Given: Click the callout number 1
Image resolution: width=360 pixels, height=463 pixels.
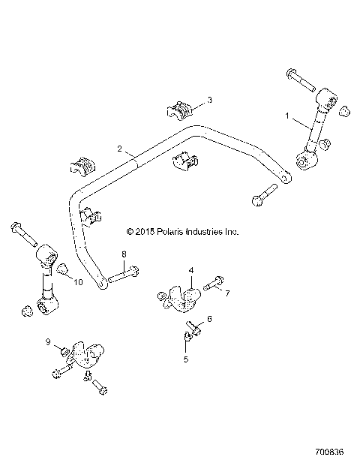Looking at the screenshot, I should tap(286, 116).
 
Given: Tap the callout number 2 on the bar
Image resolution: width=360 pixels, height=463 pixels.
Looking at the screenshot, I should tap(118, 150).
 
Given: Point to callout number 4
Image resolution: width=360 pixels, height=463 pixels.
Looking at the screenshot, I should tap(191, 269).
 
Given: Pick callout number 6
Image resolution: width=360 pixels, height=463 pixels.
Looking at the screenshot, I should tap(208, 319).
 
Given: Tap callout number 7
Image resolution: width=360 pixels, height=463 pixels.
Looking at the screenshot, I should tap(228, 292).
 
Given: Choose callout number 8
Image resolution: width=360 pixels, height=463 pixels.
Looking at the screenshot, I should tap(124, 254).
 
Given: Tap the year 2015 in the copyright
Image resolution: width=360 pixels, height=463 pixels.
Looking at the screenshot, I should tap(145, 233).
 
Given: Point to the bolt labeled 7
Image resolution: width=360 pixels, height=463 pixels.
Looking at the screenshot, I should tap(211, 283).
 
